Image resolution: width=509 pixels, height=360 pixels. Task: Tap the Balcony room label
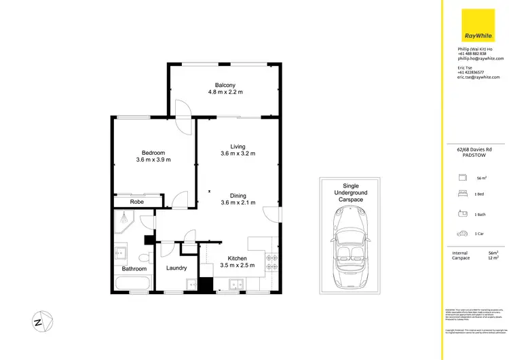coord(225,85)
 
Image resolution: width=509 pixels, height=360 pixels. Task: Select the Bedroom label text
coord(153,153)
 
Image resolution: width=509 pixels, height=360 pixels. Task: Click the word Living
coord(238,146)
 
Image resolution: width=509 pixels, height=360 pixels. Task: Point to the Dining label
coord(238,195)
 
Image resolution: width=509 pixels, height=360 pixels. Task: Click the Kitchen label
coord(238,258)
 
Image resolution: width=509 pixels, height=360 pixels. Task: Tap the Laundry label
coord(176,268)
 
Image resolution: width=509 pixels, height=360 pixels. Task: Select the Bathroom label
coord(134,269)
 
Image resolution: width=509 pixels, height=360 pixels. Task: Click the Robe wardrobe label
coord(137,202)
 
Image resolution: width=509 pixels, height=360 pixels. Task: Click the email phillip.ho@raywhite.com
coord(480,59)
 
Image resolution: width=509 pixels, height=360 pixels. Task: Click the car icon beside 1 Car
coord(462,233)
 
